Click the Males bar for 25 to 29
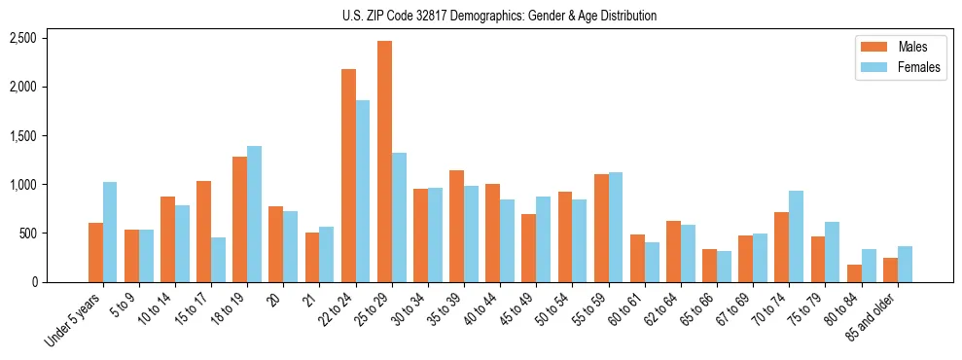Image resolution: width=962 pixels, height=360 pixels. [x=384, y=162]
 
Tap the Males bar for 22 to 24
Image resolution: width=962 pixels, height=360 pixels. [x=348, y=175]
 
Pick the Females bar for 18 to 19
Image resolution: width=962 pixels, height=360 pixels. [x=254, y=214]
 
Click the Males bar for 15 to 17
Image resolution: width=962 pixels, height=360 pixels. [x=204, y=232]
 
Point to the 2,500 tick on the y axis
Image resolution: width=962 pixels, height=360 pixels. [x=22, y=38]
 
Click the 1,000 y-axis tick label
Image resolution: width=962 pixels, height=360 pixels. [x=22, y=185]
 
